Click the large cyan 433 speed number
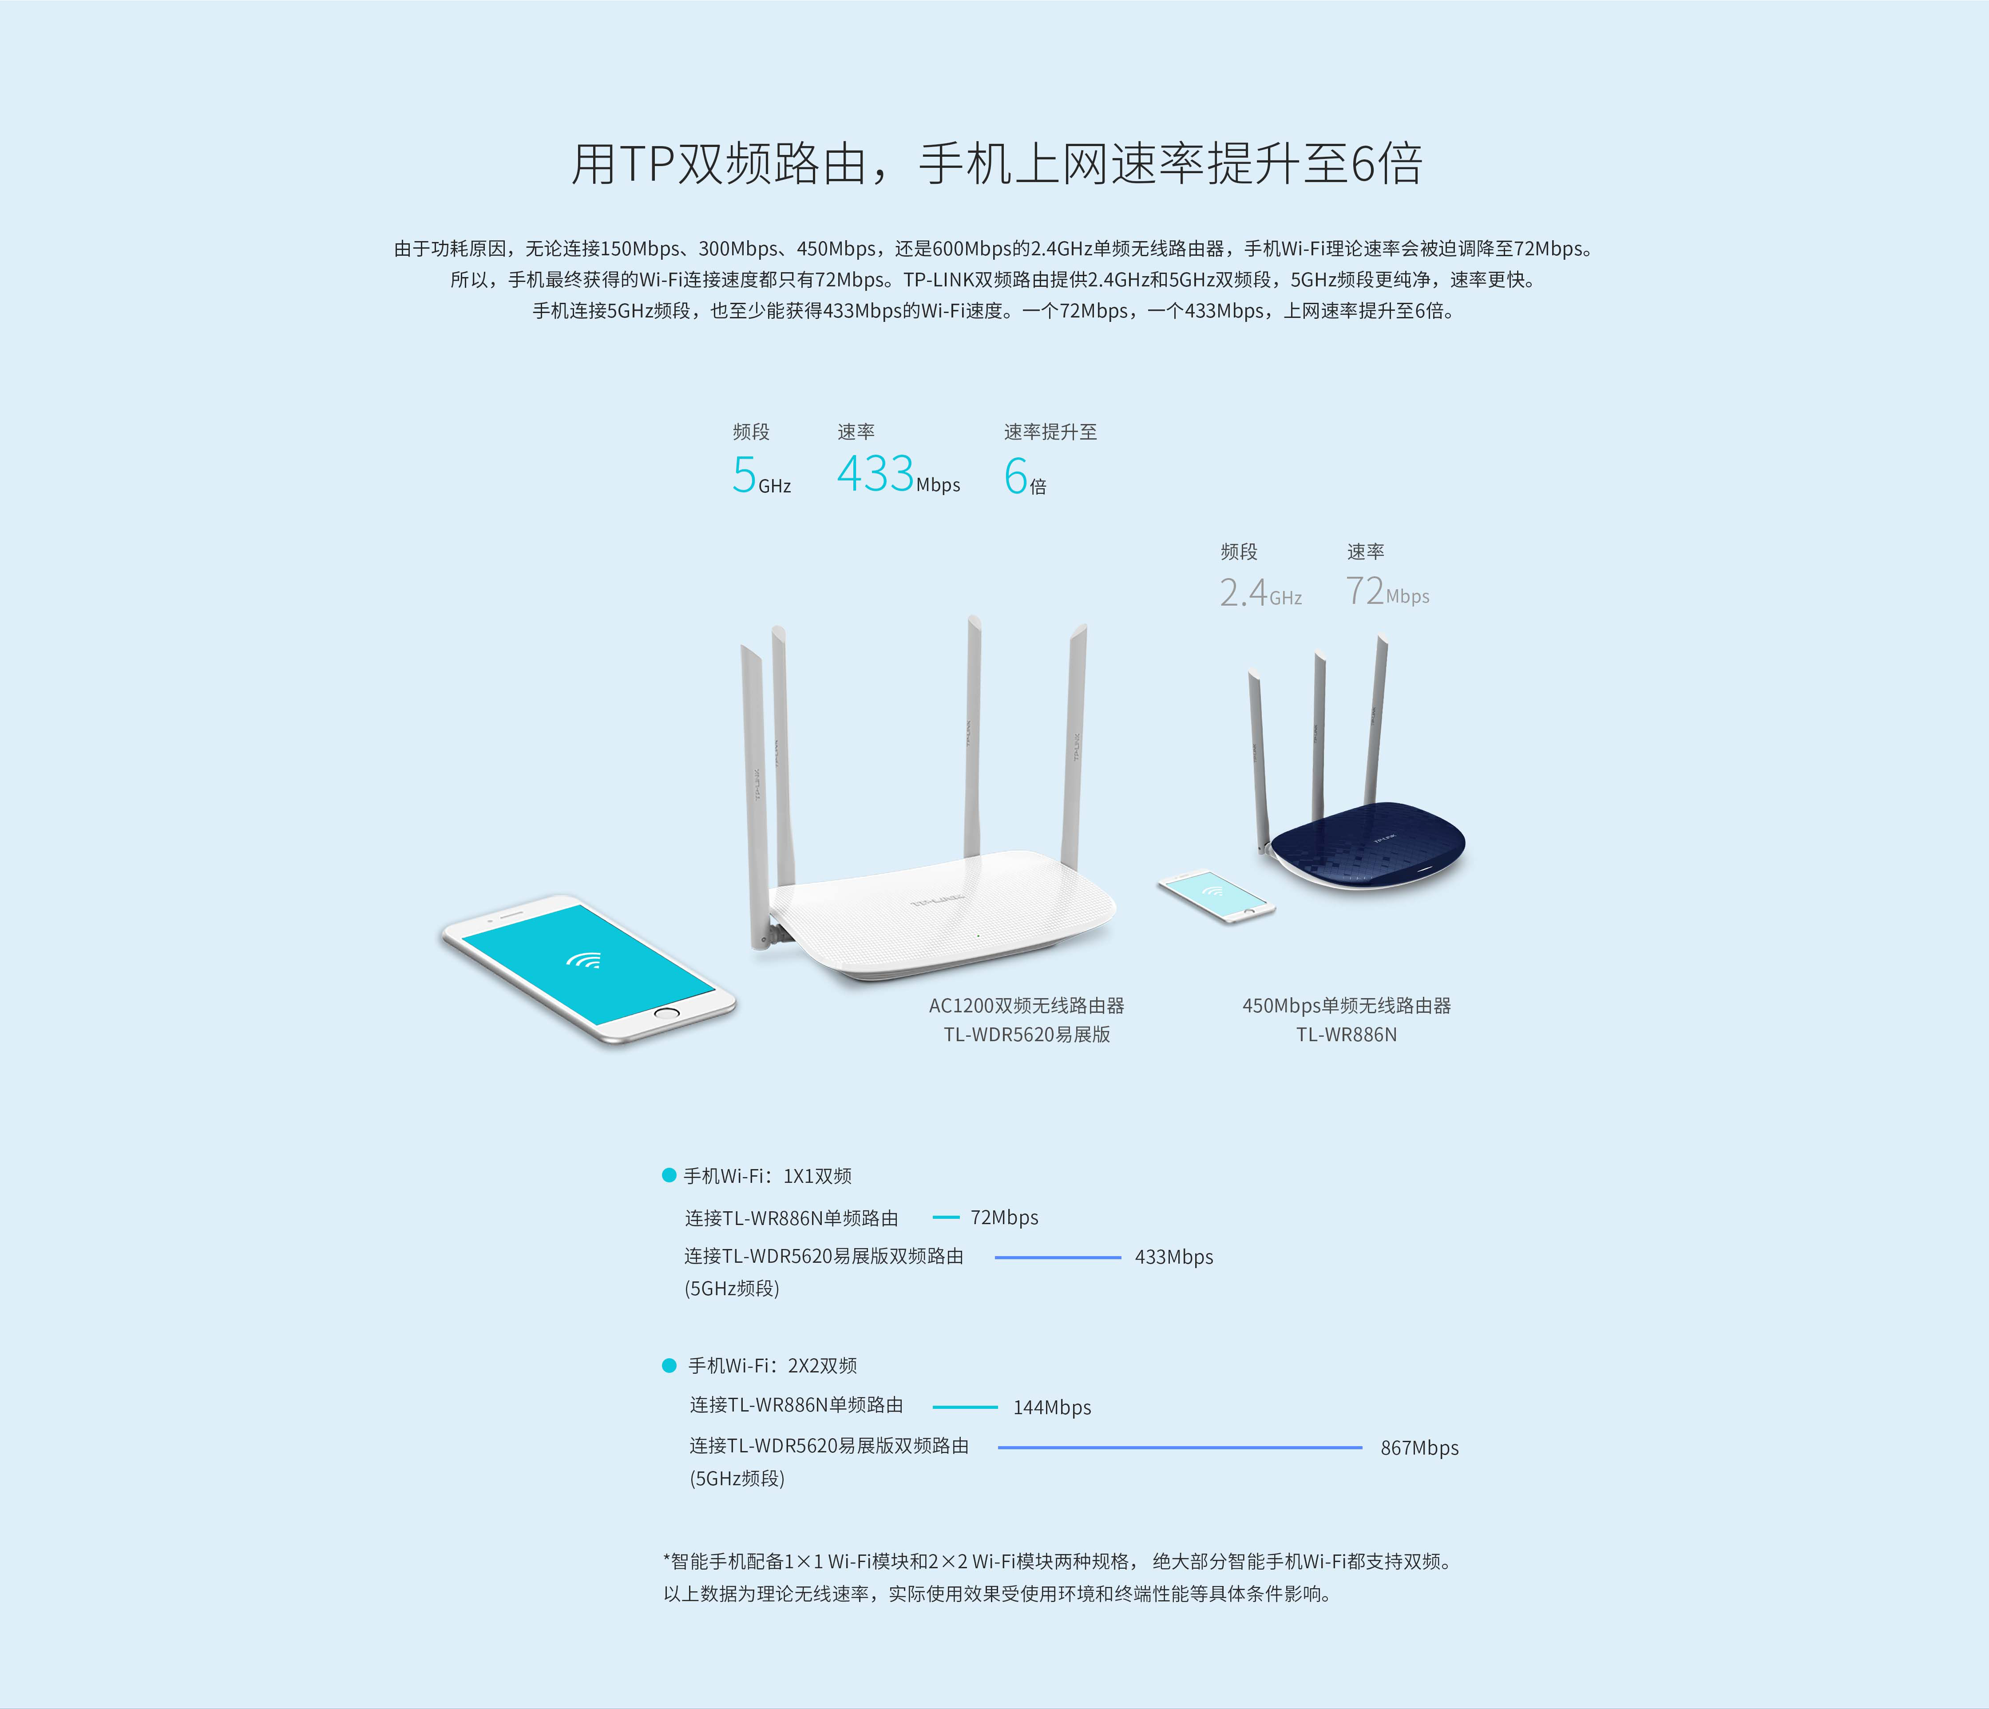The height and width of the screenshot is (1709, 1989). point(875,473)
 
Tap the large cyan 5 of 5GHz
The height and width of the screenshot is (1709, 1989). point(744,474)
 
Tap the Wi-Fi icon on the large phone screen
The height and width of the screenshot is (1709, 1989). point(584,960)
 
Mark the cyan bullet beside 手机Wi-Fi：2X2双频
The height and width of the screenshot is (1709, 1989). point(669,1365)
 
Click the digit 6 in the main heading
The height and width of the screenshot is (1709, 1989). point(1363,164)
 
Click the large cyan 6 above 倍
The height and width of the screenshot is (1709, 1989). point(1016,475)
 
